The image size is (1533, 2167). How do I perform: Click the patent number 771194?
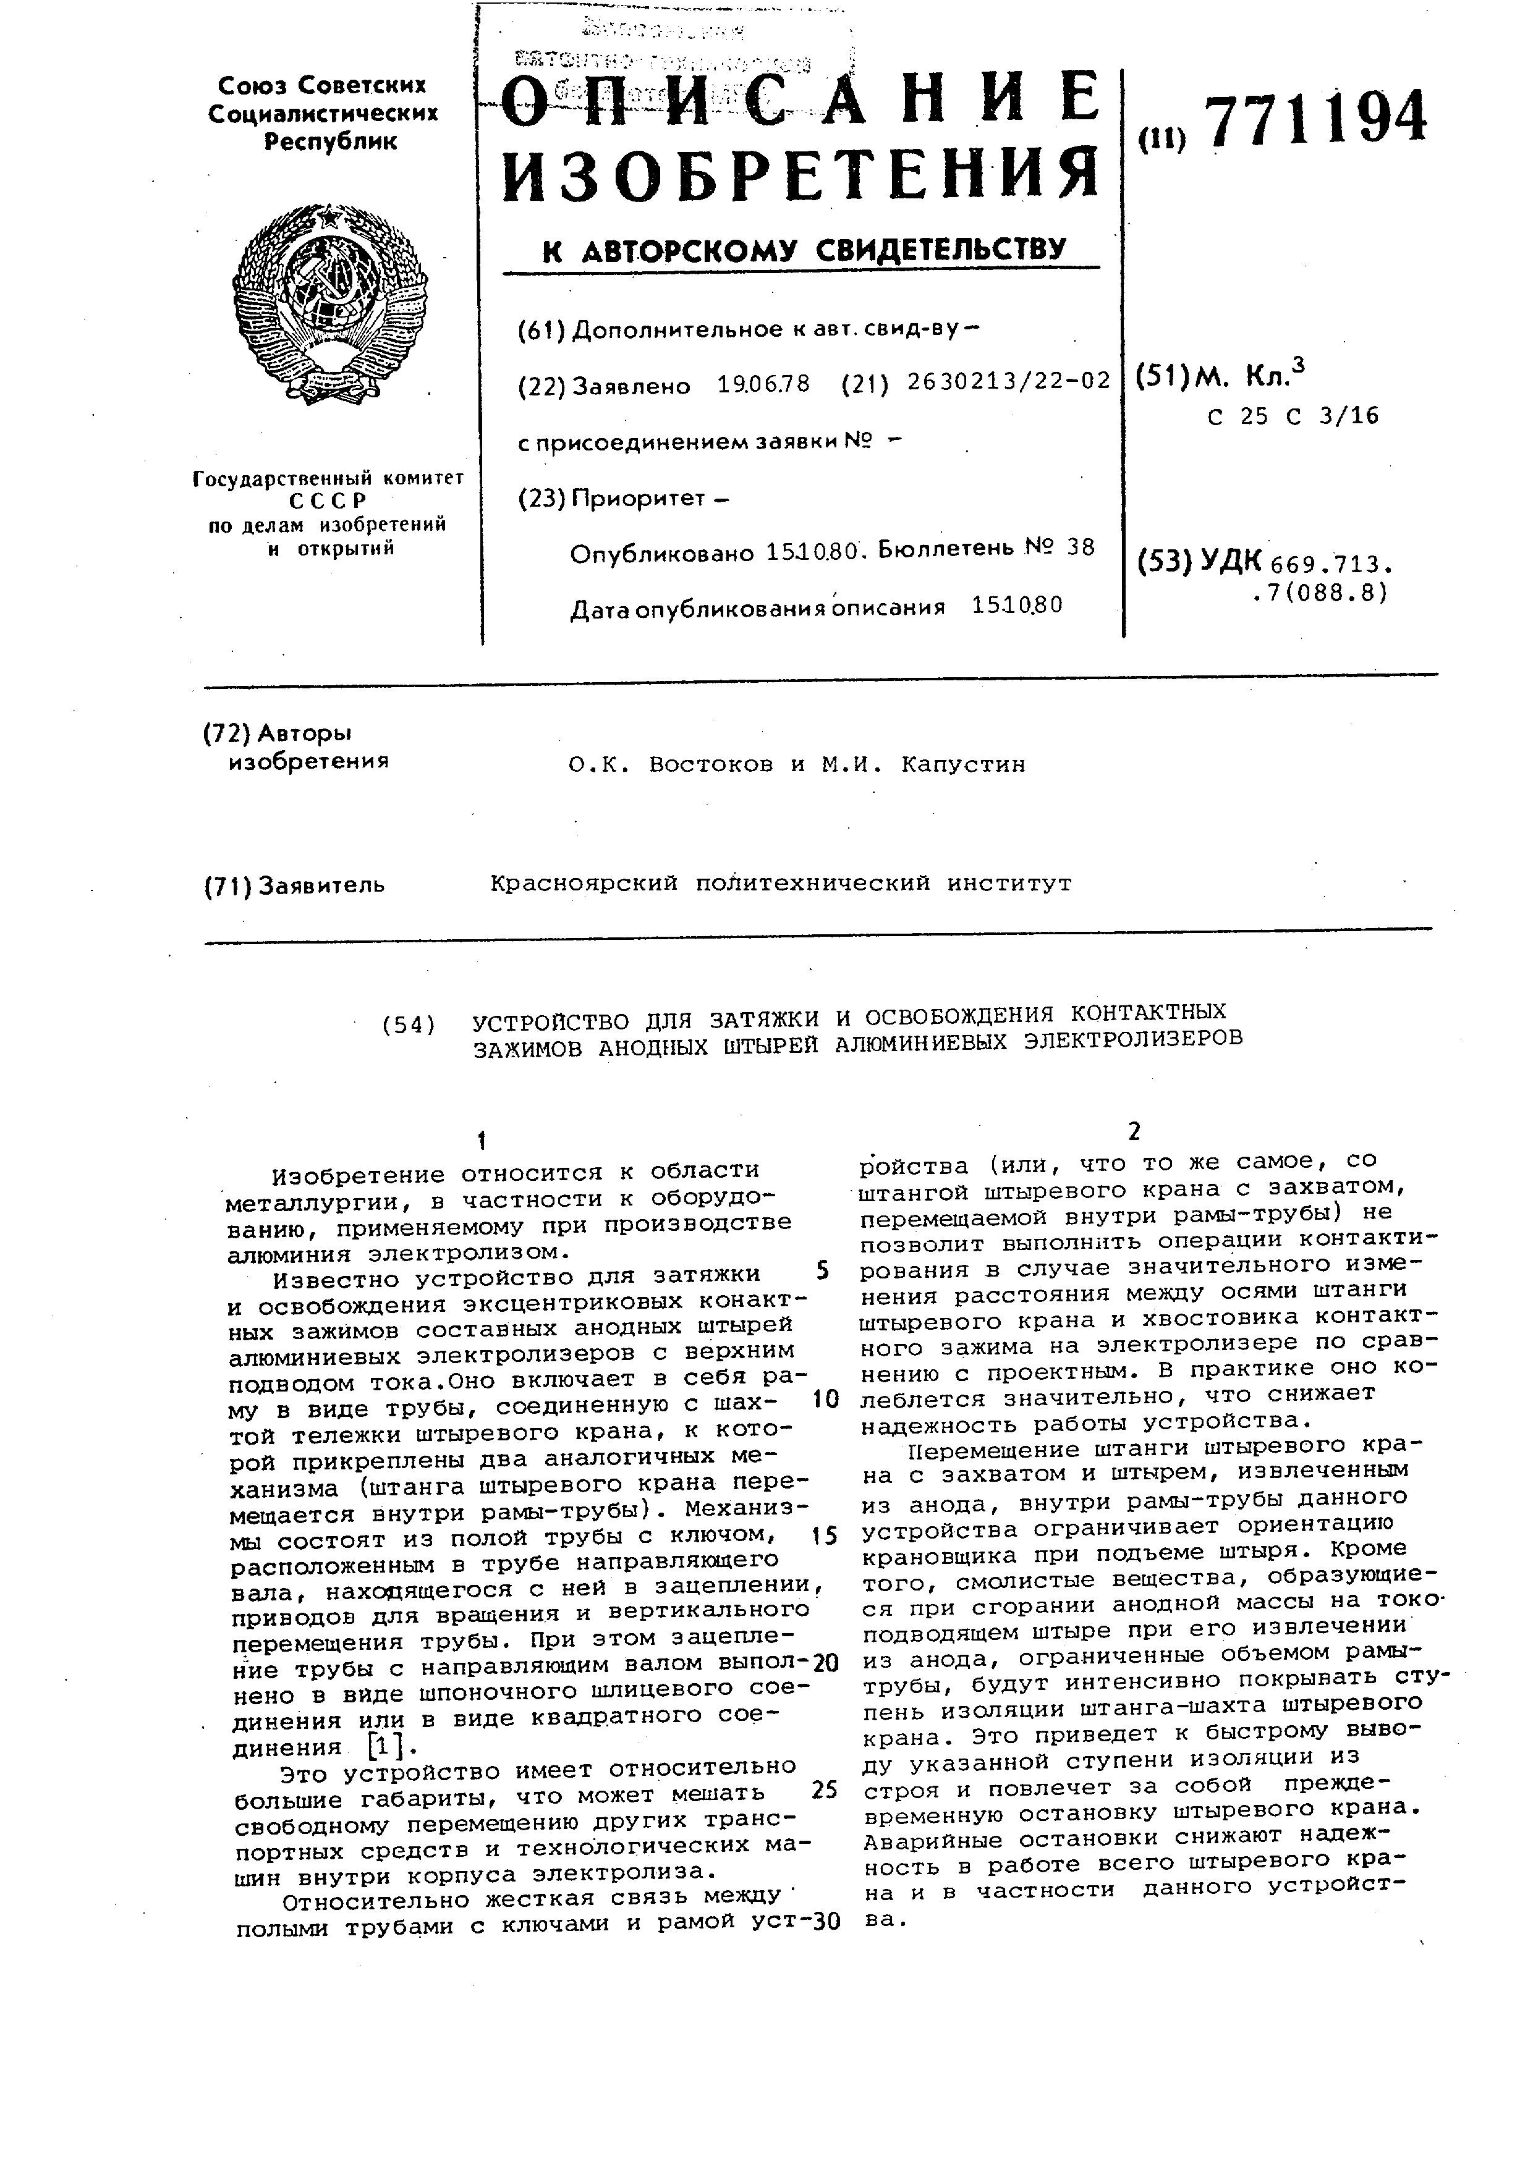click(1316, 121)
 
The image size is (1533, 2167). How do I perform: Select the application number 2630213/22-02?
click(1008, 381)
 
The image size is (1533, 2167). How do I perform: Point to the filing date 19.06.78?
click(763, 384)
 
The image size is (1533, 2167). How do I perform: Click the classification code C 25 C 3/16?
click(1293, 416)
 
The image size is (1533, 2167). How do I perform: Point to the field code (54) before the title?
click(408, 1026)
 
